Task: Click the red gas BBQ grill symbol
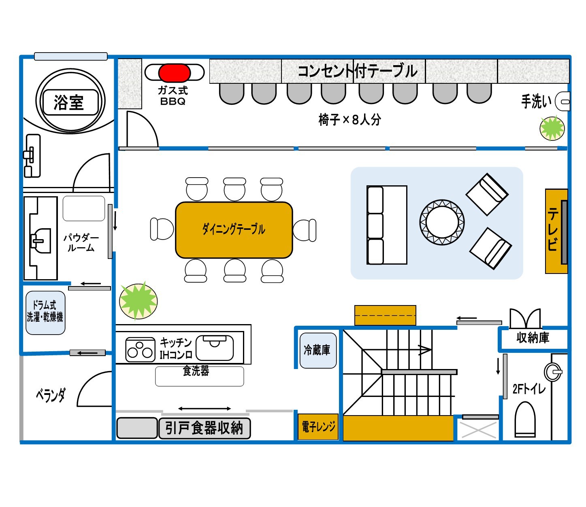coord(174,73)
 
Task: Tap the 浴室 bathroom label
coord(69,102)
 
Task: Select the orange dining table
coord(234,230)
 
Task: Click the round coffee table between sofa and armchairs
coord(442,222)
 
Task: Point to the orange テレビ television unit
coord(556,231)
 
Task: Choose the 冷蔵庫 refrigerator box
coord(318,350)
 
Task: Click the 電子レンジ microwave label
coord(318,426)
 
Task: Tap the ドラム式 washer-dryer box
coord(45,312)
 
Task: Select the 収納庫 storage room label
coord(533,338)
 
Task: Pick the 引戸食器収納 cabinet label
coord(204,428)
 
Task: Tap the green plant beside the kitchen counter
coord(138,301)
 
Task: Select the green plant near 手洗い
coord(552,128)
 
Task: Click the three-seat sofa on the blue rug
coord(386,225)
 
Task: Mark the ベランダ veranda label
coord(51,395)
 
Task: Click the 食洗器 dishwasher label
coord(196,371)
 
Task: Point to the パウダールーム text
coord(81,243)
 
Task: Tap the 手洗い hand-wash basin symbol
coord(563,101)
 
